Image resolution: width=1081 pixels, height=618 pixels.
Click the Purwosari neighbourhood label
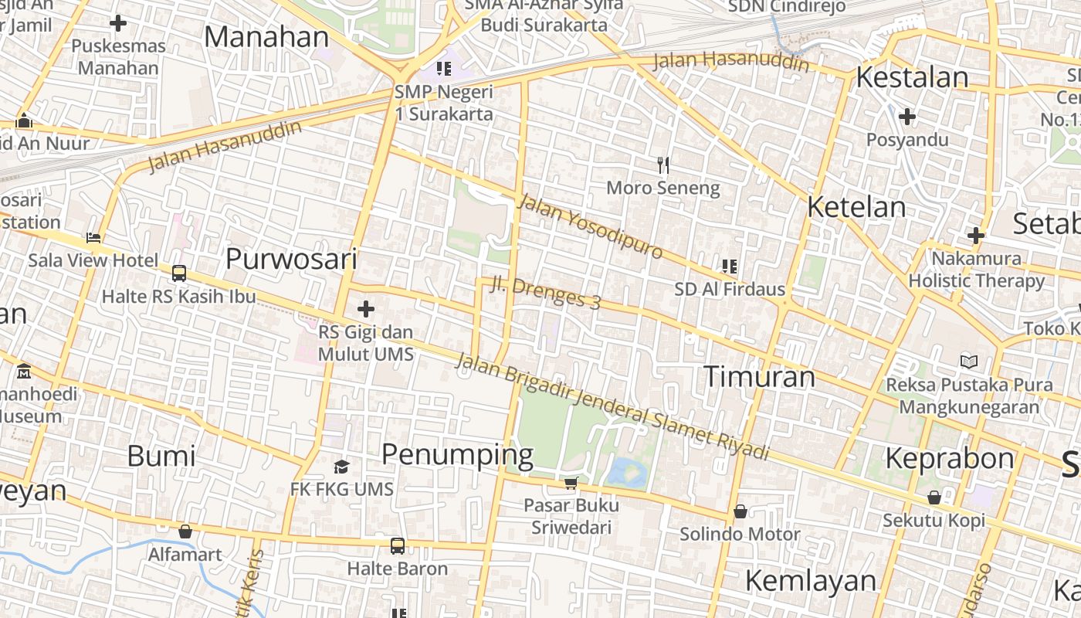point(291,259)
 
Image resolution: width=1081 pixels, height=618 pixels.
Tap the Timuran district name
point(759,376)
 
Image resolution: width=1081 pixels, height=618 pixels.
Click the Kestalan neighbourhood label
point(912,77)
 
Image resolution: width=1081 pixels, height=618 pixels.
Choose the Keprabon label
point(949,458)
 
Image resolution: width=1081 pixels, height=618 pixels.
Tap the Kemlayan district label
point(811,580)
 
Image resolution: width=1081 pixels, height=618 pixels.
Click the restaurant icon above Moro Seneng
point(662,165)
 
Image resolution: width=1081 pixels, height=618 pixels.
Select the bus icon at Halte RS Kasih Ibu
point(179,273)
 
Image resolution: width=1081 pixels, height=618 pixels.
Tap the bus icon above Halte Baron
point(397,546)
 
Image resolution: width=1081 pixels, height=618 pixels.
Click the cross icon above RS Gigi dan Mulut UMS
point(366,310)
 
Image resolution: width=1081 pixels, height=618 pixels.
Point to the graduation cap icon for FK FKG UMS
point(341,467)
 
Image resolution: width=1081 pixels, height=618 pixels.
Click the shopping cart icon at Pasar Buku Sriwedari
point(571,483)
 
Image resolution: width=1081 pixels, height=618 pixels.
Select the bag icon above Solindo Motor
point(740,511)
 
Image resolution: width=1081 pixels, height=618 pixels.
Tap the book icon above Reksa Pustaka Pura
point(968,362)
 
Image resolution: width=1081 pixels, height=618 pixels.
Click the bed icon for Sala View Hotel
point(93,237)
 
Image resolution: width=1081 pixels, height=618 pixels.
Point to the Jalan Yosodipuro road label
point(591,226)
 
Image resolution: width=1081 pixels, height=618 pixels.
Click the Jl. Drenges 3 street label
point(545,292)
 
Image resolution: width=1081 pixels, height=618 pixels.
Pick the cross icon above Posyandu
point(907,117)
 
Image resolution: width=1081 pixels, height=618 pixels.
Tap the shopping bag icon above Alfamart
point(185,531)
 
